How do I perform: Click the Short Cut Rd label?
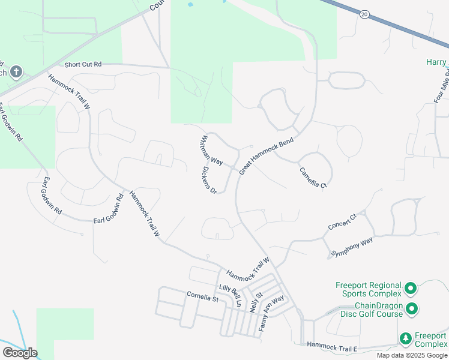click(83, 64)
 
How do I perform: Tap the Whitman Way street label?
click(212, 150)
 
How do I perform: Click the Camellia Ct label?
click(314, 178)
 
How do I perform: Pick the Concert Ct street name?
click(342, 221)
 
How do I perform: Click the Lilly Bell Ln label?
click(229, 296)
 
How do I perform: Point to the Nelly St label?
click(256, 300)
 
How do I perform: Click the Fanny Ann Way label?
click(271, 314)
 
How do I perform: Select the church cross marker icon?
click(16, 73)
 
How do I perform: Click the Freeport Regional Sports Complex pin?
click(411, 289)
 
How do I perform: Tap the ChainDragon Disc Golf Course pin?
click(412, 308)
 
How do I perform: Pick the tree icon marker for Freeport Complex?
click(406, 338)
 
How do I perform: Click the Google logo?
click(19, 353)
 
